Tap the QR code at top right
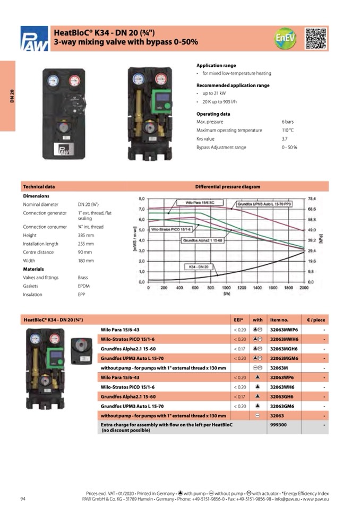(x=316, y=38)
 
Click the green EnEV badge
(x=286, y=38)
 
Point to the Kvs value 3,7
(x=284, y=139)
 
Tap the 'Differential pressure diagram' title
(x=228, y=187)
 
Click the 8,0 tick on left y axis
(x=141, y=199)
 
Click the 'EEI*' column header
(x=238, y=320)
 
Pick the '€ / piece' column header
(x=316, y=320)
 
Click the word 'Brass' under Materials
(x=83, y=278)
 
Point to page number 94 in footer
(x=23, y=498)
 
